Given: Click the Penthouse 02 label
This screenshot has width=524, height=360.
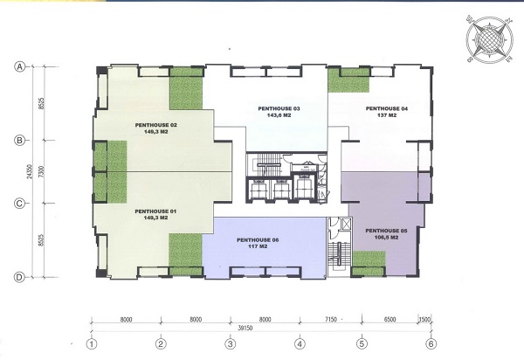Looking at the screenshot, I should click(156, 129).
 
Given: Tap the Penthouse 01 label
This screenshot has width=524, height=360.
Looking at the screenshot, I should click(155, 215).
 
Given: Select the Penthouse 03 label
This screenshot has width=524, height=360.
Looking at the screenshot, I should click(279, 112).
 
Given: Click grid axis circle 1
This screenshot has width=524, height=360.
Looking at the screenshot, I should click(91, 343).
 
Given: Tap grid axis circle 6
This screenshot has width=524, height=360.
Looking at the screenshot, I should click(430, 343).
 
